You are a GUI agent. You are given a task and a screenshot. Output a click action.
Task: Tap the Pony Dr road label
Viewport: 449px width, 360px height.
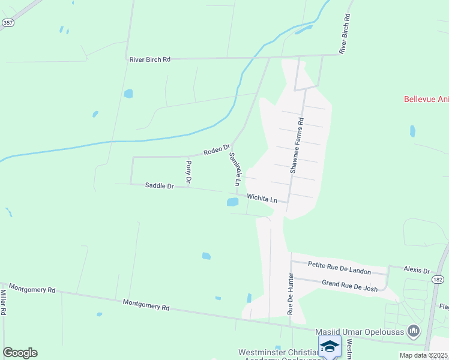(188, 172)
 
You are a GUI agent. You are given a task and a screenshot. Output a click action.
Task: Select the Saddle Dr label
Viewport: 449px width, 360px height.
(159, 186)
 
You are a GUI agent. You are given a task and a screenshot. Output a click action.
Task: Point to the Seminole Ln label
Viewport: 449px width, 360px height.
(234, 169)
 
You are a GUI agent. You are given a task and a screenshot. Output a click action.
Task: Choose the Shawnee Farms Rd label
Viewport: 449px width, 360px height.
(297, 146)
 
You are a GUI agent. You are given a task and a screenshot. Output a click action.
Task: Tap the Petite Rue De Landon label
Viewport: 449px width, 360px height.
(339, 268)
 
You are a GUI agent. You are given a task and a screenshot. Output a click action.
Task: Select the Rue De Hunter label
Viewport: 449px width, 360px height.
(291, 294)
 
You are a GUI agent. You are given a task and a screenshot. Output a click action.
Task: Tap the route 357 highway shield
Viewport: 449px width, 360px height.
(7, 22)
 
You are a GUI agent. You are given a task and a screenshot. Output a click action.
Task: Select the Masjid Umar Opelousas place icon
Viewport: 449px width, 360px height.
(413, 331)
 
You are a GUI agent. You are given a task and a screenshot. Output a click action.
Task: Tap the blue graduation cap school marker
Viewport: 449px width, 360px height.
(330, 347)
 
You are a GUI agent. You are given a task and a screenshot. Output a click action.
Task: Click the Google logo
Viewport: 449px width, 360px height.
(20, 353)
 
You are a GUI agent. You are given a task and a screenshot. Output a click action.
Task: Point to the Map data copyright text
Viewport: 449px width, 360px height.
(424, 355)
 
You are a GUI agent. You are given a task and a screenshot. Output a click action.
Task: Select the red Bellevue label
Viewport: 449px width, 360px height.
(426, 100)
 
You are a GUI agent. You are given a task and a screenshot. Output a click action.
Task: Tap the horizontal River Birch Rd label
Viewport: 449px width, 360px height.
(150, 59)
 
